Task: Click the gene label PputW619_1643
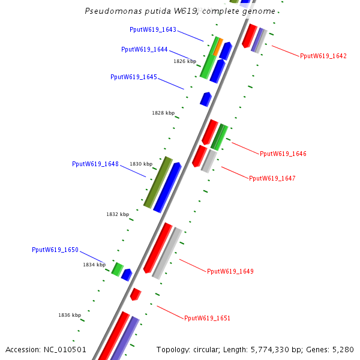(153, 29)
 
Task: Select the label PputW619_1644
(144, 49)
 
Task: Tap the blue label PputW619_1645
(134, 77)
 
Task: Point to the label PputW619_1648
(95, 164)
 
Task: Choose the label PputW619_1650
(55, 250)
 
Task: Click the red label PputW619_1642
(323, 56)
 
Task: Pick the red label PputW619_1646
(283, 154)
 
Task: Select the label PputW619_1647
(272, 178)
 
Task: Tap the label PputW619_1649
(230, 271)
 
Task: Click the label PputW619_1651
(208, 318)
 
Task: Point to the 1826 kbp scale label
(185, 61)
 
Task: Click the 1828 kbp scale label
(163, 113)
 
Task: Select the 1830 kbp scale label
(141, 164)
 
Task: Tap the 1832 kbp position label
(118, 214)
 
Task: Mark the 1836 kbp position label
(70, 315)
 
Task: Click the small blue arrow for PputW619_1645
(206, 98)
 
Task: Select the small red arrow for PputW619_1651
(136, 294)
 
